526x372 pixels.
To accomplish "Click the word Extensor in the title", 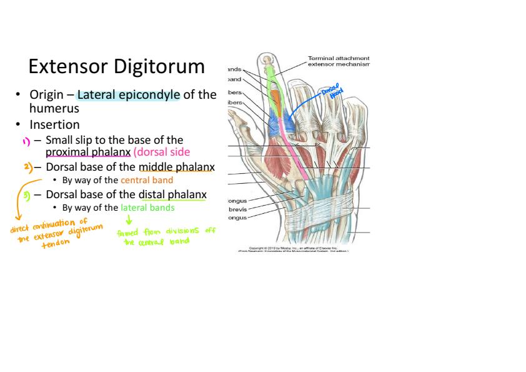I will (64, 66).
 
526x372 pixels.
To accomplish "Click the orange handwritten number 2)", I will (29, 168).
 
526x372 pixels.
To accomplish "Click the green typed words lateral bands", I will (147, 208).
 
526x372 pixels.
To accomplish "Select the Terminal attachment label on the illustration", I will (339, 58).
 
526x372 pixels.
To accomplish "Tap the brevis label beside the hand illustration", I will (237, 209).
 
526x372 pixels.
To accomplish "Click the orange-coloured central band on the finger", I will (275, 99).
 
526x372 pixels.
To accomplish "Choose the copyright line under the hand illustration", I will (297, 248).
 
